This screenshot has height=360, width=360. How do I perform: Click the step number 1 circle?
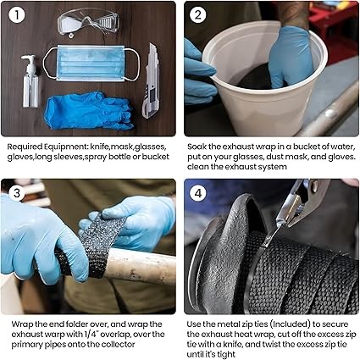[x=17, y=15]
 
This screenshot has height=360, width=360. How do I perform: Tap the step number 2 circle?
[x=198, y=15]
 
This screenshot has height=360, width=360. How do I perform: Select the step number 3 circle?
[x=17, y=193]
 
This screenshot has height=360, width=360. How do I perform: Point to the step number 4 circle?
[x=198, y=193]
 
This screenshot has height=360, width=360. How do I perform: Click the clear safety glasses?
[x=88, y=22]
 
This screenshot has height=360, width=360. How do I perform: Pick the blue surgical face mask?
[x=91, y=64]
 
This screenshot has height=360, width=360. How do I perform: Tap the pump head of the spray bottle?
[x=29, y=60]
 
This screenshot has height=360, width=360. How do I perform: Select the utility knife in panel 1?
[x=151, y=81]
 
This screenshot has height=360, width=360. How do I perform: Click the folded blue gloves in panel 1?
[x=88, y=110]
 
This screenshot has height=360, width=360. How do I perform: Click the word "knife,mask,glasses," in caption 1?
[x=128, y=147]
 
